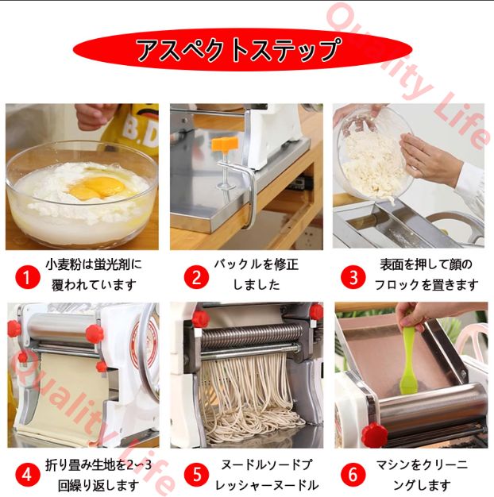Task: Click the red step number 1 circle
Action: [28, 278]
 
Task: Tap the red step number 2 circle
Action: [197, 277]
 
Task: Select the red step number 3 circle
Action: [353, 277]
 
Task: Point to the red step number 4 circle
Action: [27, 475]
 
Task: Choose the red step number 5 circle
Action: [197, 475]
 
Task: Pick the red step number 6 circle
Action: [353, 475]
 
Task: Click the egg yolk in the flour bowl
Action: [98, 187]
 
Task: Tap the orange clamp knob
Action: [225, 144]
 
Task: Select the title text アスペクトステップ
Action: [240, 49]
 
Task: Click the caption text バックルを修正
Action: [256, 264]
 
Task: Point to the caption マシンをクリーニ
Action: [422, 465]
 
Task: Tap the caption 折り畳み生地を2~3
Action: [98, 465]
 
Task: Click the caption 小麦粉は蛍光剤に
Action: [94, 264]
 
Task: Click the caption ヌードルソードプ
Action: [266, 465]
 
